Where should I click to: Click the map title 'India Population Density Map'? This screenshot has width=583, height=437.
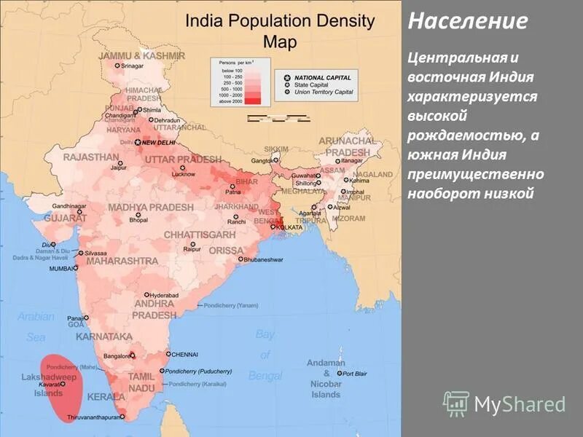(280, 31)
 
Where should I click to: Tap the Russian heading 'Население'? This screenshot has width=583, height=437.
(467, 21)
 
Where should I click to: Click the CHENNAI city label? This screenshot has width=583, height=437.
(184, 355)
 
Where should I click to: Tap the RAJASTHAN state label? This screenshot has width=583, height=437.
(91, 157)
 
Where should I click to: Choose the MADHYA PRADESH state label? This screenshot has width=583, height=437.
(151, 208)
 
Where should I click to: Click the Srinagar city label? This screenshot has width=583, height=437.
(133, 66)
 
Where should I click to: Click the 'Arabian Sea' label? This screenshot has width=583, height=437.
(36, 326)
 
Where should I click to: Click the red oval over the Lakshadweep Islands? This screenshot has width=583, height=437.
(62, 386)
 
